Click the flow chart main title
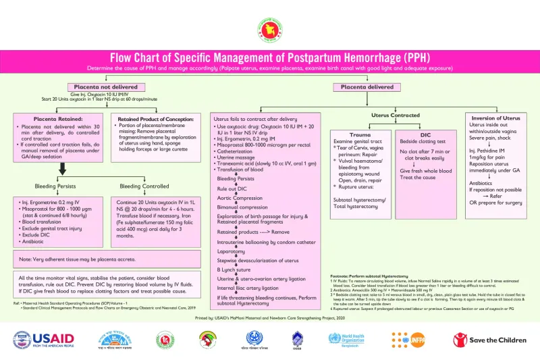coord(269,57)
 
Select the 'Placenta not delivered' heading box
coord(102,86)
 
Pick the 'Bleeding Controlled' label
coord(144,186)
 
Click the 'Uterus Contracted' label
coord(395,115)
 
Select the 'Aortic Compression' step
coord(240,198)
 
